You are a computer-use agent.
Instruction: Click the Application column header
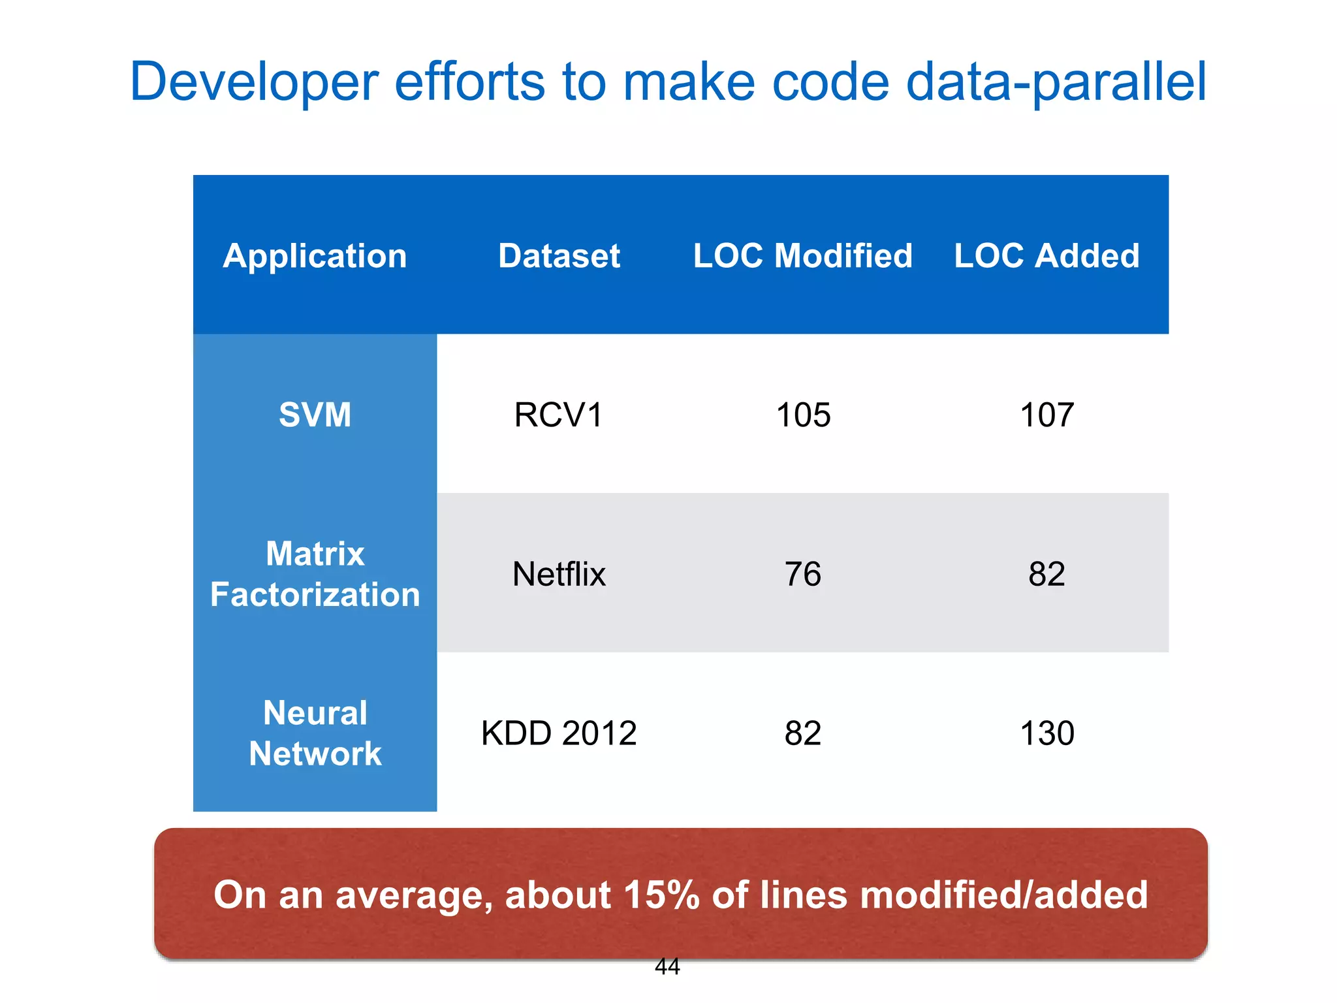(x=315, y=255)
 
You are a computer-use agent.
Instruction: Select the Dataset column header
(x=559, y=255)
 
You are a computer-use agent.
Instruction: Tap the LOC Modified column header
(x=802, y=255)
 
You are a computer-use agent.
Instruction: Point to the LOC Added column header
(x=1046, y=255)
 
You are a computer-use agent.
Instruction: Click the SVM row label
(x=315, y=415)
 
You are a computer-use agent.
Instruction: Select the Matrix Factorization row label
(x=315, y=574)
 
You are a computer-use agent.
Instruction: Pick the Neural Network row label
(x=315, y=733)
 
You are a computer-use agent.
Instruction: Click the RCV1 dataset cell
(x=559, y=415)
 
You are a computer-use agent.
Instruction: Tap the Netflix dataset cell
(x=559, y=574)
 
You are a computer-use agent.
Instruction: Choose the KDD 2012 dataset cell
(x=559, y=733)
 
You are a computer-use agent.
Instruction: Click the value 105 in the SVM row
(x=803, y=415)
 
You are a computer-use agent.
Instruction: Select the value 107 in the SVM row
(x=1046, y=415)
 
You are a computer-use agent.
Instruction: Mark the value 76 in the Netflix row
(x=803, y=574)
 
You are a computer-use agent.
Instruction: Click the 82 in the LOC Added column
(x=1046, y=574)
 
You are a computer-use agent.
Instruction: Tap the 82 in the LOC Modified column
(x=803, y=733)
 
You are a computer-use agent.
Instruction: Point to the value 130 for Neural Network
(x=1046, y=733)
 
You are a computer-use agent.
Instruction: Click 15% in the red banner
(x=661, y=895)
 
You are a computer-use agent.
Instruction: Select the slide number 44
(x=667, y=966)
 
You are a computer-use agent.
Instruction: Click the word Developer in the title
(x=254, y=82)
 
